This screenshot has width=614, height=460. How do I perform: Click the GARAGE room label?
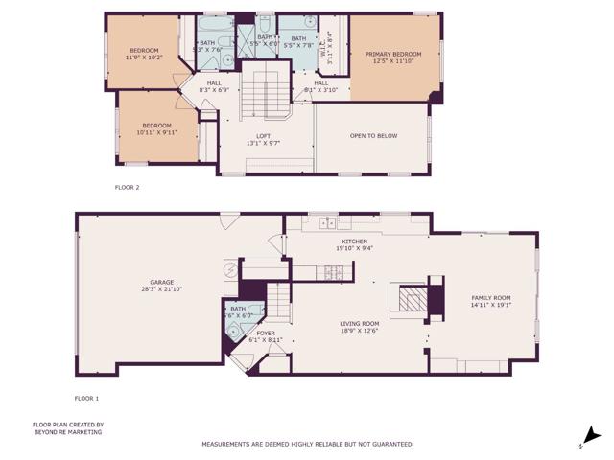161,282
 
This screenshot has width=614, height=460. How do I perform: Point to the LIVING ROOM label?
360,324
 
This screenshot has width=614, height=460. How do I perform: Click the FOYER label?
251,333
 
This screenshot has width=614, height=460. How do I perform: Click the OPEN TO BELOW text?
373,136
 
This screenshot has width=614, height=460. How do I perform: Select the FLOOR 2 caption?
127,187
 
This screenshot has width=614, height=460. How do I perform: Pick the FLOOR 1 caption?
86,397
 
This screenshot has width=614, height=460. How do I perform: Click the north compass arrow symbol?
592,436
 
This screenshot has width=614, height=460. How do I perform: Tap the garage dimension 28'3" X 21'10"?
161,289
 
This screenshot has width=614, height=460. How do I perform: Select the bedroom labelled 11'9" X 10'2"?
145,54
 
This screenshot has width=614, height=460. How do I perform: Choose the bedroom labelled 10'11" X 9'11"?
156,128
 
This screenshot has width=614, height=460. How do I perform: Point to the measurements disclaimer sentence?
306,444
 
